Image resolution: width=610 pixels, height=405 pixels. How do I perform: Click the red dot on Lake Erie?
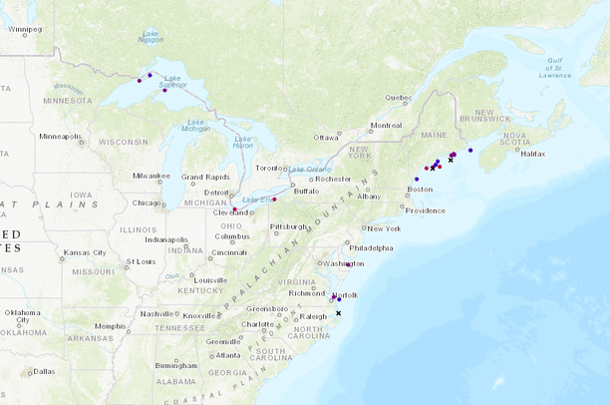274,200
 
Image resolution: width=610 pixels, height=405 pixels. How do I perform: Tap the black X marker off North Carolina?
338,313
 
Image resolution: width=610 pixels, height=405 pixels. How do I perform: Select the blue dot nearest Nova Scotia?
470,151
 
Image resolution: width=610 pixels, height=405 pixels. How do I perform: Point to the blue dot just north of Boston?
417,180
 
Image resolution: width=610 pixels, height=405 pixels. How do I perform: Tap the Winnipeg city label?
25,29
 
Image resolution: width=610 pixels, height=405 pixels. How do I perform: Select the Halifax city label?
533,154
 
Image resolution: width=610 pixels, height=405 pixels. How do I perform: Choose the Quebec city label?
398,97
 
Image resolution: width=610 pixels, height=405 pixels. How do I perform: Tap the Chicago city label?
147,202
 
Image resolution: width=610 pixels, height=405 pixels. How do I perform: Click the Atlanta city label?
228,355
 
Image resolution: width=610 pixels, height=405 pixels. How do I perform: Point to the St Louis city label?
141,262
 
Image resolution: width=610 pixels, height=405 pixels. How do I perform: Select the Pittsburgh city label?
289,226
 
